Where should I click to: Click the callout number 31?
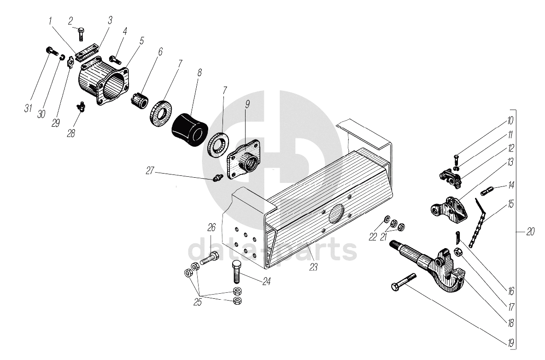click(28, 108)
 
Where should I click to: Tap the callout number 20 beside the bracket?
click(530, 232)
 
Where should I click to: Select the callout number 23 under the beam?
click(314, 267)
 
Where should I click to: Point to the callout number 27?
click(150, 171)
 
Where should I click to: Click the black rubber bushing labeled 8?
click(189, 128)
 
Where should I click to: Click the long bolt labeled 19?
click(404, 282)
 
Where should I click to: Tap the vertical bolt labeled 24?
click(236, 272)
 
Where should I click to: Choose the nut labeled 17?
click(458, 252)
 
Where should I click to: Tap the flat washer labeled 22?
click(387, 219)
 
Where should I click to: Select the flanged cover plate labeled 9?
click(243, 159)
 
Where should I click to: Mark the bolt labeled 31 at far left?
click(52, 51)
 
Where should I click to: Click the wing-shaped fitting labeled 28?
click(81, 106)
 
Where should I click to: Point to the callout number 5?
click(141, 41)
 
